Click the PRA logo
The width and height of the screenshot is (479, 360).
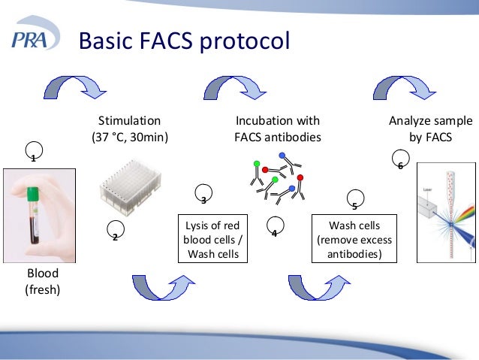point(34,40)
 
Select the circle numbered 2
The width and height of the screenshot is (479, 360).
point(116,231)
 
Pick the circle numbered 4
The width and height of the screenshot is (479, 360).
point(275,227)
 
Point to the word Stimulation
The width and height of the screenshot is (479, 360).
point(130,120)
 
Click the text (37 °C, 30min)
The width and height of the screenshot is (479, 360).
point(130,137)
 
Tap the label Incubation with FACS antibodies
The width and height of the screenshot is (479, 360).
point(277,129)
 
